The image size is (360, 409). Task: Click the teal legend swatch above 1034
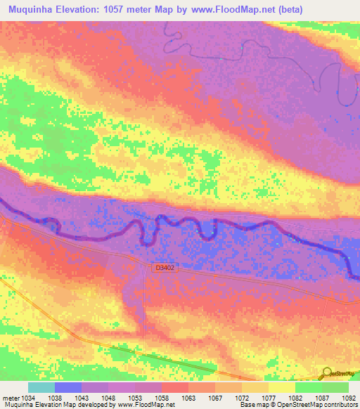pos(41,387)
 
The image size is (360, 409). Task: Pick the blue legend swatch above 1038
pos(68,387)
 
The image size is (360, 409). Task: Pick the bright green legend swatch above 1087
pos(309,387)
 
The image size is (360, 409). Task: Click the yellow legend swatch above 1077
pos(255,387)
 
